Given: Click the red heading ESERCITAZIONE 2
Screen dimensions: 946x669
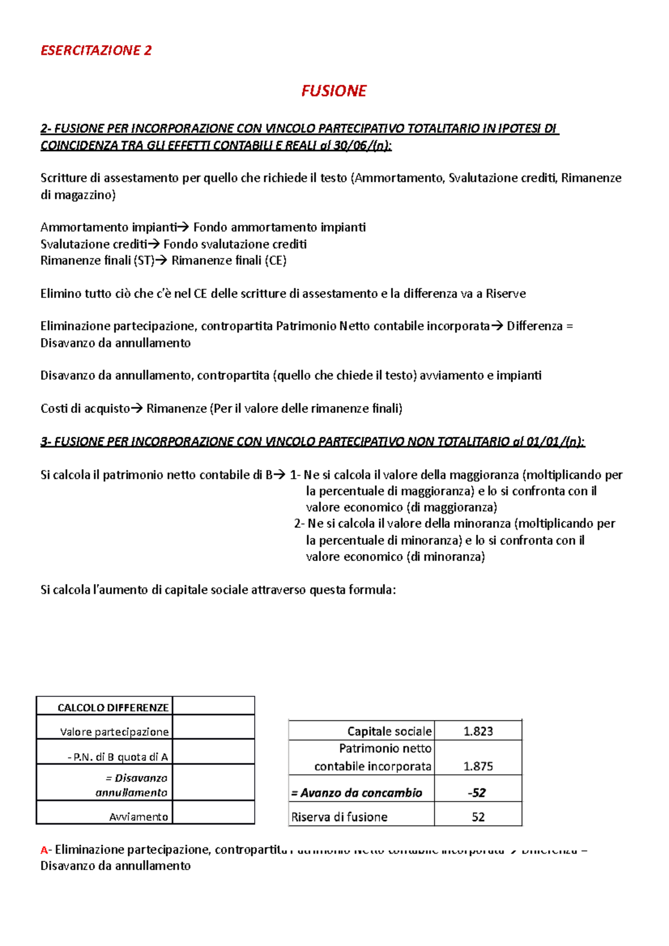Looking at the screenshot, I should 96,51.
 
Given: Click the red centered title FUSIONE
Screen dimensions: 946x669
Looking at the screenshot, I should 333,91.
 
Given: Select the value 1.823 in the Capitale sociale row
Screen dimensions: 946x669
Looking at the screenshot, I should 478,732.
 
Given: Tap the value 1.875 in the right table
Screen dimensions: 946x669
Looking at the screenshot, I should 478,766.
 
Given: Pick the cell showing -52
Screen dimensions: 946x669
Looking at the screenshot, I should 477,793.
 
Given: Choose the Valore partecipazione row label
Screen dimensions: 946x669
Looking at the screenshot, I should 114,732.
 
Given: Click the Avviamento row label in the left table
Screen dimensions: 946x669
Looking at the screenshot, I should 138,817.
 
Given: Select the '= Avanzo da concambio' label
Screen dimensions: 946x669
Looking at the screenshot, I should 357,793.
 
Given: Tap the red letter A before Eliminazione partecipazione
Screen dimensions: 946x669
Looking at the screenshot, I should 44,850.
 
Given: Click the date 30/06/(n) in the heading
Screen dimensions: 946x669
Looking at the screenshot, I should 362,146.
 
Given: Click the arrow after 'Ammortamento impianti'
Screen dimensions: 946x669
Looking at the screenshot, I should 184,227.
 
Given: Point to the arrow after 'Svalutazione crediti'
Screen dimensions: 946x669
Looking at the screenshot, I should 154,244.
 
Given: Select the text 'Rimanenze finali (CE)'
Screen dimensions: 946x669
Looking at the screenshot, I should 229,261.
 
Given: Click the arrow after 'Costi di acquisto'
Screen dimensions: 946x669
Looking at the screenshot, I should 137,408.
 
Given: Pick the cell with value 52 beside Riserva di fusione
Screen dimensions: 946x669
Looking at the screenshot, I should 478,817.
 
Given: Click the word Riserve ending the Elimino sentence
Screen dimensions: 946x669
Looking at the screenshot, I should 506,294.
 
